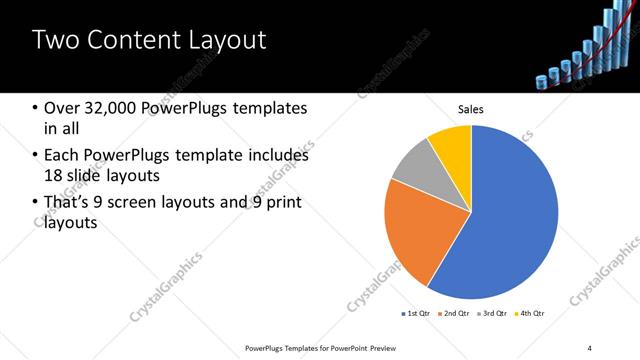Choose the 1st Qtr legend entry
point(417,314)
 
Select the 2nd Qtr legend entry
point(455,314)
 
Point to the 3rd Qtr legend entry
point(493,314)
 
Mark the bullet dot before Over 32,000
point(36,108)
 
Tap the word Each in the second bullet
point(63,155)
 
